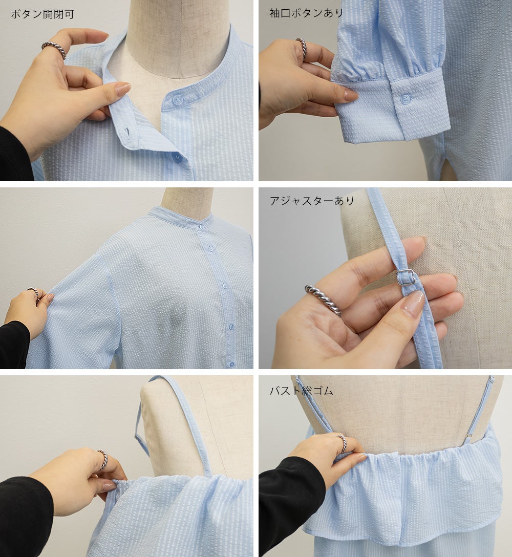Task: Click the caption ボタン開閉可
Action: click(x=42, y=14)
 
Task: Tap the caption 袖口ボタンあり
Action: click(x=307, y=13)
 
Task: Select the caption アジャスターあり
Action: click(x=312, y=201)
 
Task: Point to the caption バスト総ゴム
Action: click(x=301, y=391)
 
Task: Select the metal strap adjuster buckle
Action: click(x=406, y=277)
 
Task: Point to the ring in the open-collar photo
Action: click(x=54, y=49)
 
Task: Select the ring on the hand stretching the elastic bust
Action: click(x=342, y=443)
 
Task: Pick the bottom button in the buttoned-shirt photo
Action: click(x=231, y=364)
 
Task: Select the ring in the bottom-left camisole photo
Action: click(x=103, y=459)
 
